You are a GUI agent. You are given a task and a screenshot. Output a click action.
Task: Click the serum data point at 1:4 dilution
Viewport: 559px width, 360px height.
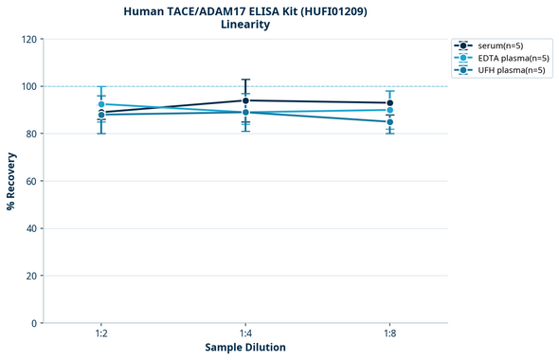245,100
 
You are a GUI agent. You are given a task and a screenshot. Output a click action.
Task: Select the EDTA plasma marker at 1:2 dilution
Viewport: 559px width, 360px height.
101,104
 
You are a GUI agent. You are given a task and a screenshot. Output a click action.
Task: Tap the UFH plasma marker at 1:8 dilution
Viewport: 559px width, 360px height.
389,122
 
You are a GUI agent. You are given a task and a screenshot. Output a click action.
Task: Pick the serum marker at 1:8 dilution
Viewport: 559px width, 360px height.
389,103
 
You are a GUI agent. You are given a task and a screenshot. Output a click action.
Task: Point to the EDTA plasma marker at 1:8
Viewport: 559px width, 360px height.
389,110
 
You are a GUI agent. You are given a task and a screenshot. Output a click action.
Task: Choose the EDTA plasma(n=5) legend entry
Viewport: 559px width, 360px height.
503,58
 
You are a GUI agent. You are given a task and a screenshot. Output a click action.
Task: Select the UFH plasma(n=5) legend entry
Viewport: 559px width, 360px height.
502,70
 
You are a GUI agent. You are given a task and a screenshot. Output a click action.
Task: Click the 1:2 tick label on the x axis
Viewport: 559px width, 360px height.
101,334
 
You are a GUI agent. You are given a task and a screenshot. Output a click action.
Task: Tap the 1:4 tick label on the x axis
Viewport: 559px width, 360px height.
245,334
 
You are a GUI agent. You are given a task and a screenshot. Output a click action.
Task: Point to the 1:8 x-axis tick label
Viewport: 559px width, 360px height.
389,334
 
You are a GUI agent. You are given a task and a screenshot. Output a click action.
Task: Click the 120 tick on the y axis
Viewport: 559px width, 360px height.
28,39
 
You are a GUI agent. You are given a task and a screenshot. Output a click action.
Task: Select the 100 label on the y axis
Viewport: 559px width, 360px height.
28,86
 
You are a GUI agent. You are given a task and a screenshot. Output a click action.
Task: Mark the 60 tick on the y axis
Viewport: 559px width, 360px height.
31,181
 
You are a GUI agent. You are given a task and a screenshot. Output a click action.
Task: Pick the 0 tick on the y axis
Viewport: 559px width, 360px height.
34,323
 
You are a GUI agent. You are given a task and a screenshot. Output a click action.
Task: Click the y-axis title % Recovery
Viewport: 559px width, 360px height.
11,181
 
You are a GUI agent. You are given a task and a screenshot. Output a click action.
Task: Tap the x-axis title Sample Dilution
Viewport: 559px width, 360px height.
245,348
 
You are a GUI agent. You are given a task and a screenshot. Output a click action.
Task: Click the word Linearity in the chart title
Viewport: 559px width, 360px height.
245,25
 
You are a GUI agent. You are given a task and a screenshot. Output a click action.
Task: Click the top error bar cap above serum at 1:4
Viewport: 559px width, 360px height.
245,80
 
